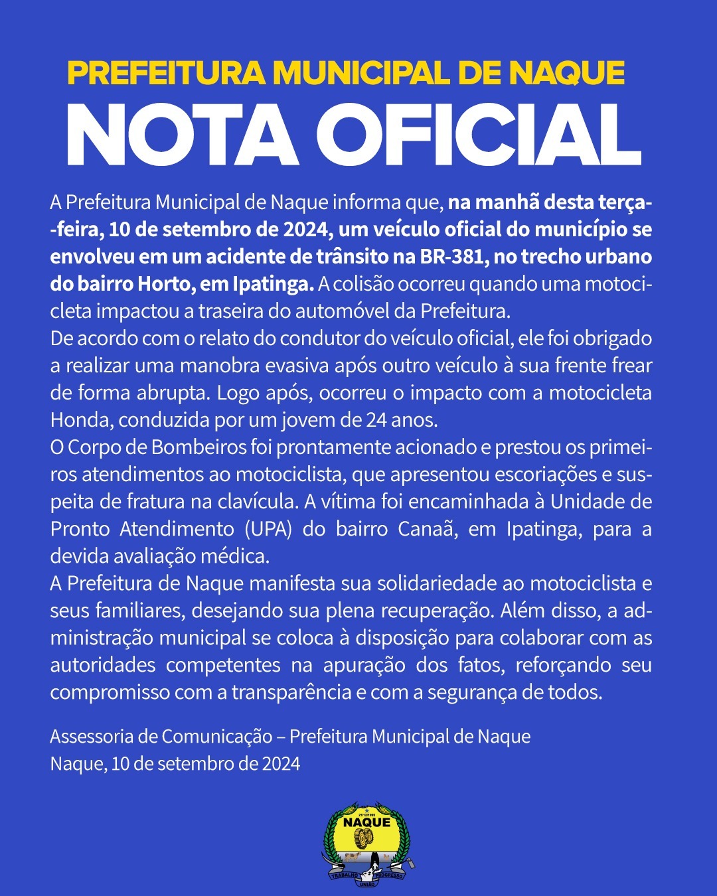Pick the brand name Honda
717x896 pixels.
[x=80, y=420]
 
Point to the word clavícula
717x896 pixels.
[x=255, y=502]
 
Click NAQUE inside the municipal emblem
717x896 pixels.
[x=366, y=822]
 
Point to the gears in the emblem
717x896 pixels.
[x=364, y=838]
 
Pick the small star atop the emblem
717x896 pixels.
[x=366, y=808]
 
